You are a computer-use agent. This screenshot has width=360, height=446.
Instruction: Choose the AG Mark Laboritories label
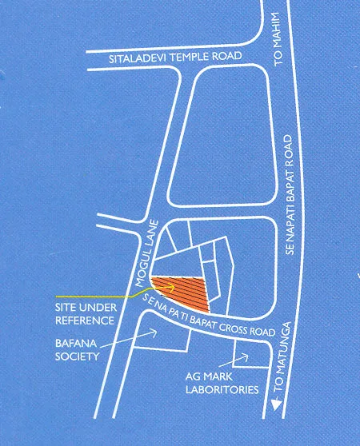pos(216,383)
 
